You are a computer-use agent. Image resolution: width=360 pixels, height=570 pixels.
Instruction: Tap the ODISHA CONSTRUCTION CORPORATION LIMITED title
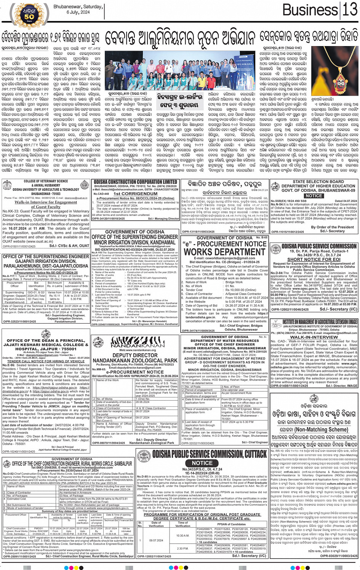tap(136, 182)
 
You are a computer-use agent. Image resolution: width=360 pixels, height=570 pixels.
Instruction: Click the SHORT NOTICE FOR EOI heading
tap(314, 259)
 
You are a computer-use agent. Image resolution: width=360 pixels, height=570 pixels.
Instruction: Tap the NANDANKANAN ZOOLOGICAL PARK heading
tap(135, 360)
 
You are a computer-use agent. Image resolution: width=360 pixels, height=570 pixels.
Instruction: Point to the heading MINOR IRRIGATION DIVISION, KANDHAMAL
tap(135, 242)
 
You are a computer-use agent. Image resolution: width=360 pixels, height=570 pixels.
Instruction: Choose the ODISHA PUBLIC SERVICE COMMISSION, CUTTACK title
tap(210, 454)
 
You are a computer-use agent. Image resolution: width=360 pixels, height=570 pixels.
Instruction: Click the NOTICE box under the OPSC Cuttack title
tap(202, 463)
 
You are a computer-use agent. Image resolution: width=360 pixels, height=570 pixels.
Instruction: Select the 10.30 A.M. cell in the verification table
tap(182, 536)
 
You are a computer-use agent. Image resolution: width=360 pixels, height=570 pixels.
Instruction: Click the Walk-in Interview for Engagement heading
tap(46, 202)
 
